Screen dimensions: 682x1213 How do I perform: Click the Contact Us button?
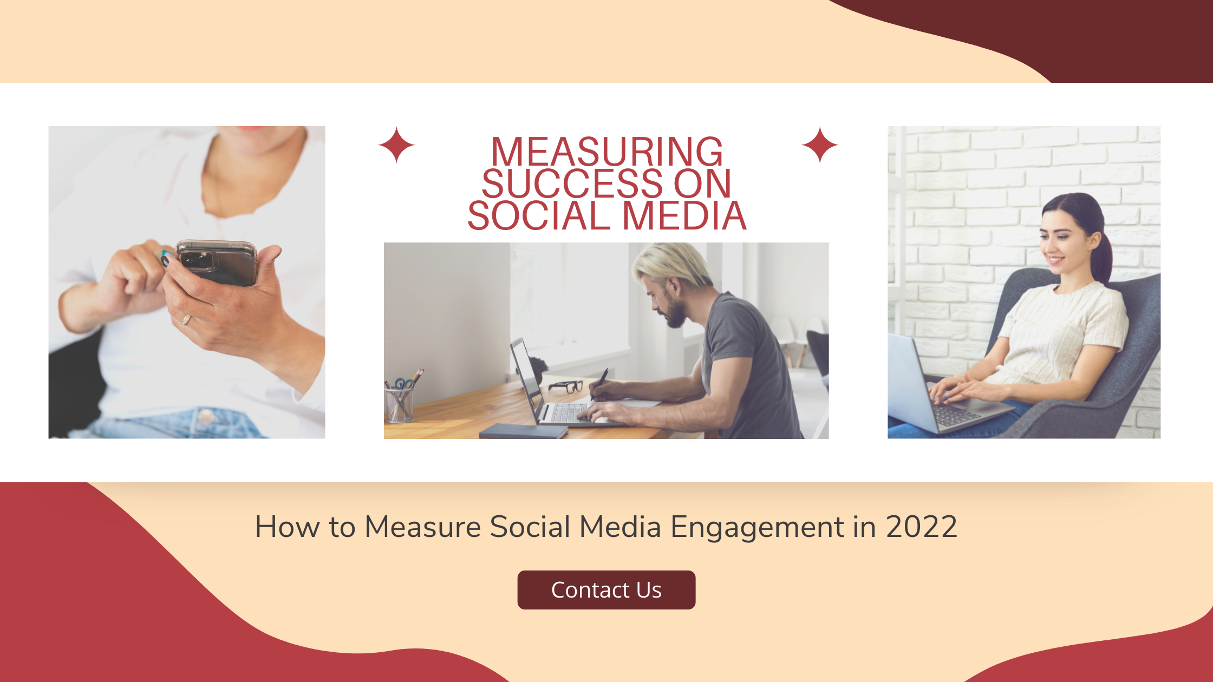pyautogui.click(x=606, y=590)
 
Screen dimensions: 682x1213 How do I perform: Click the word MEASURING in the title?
pyautogui.click(x=606, y=152)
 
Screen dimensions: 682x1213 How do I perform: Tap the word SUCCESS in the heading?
pyautogui.click(x=572, y=183)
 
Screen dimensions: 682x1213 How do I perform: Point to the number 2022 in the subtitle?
pyautogui.click(x=921, y=527)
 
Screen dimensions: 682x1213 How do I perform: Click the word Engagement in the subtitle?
pyautogui.click(x=757, y=528)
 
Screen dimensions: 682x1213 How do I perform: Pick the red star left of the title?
pyautogui.click(x=396, y=145)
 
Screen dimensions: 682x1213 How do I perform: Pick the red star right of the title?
pyautogui.click(x=820, y=145)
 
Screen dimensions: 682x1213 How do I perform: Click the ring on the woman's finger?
pyautogui.click(x=186, y=319)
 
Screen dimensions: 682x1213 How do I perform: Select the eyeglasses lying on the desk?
pyautogui.click(x=565, y=386)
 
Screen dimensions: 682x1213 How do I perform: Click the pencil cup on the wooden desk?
pyautogui.click(x=399, y=405)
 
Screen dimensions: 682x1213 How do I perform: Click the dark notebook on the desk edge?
pyautogui.click(x=523, y=431)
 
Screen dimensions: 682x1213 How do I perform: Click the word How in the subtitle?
pyautogui.click(x=286, y=527)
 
